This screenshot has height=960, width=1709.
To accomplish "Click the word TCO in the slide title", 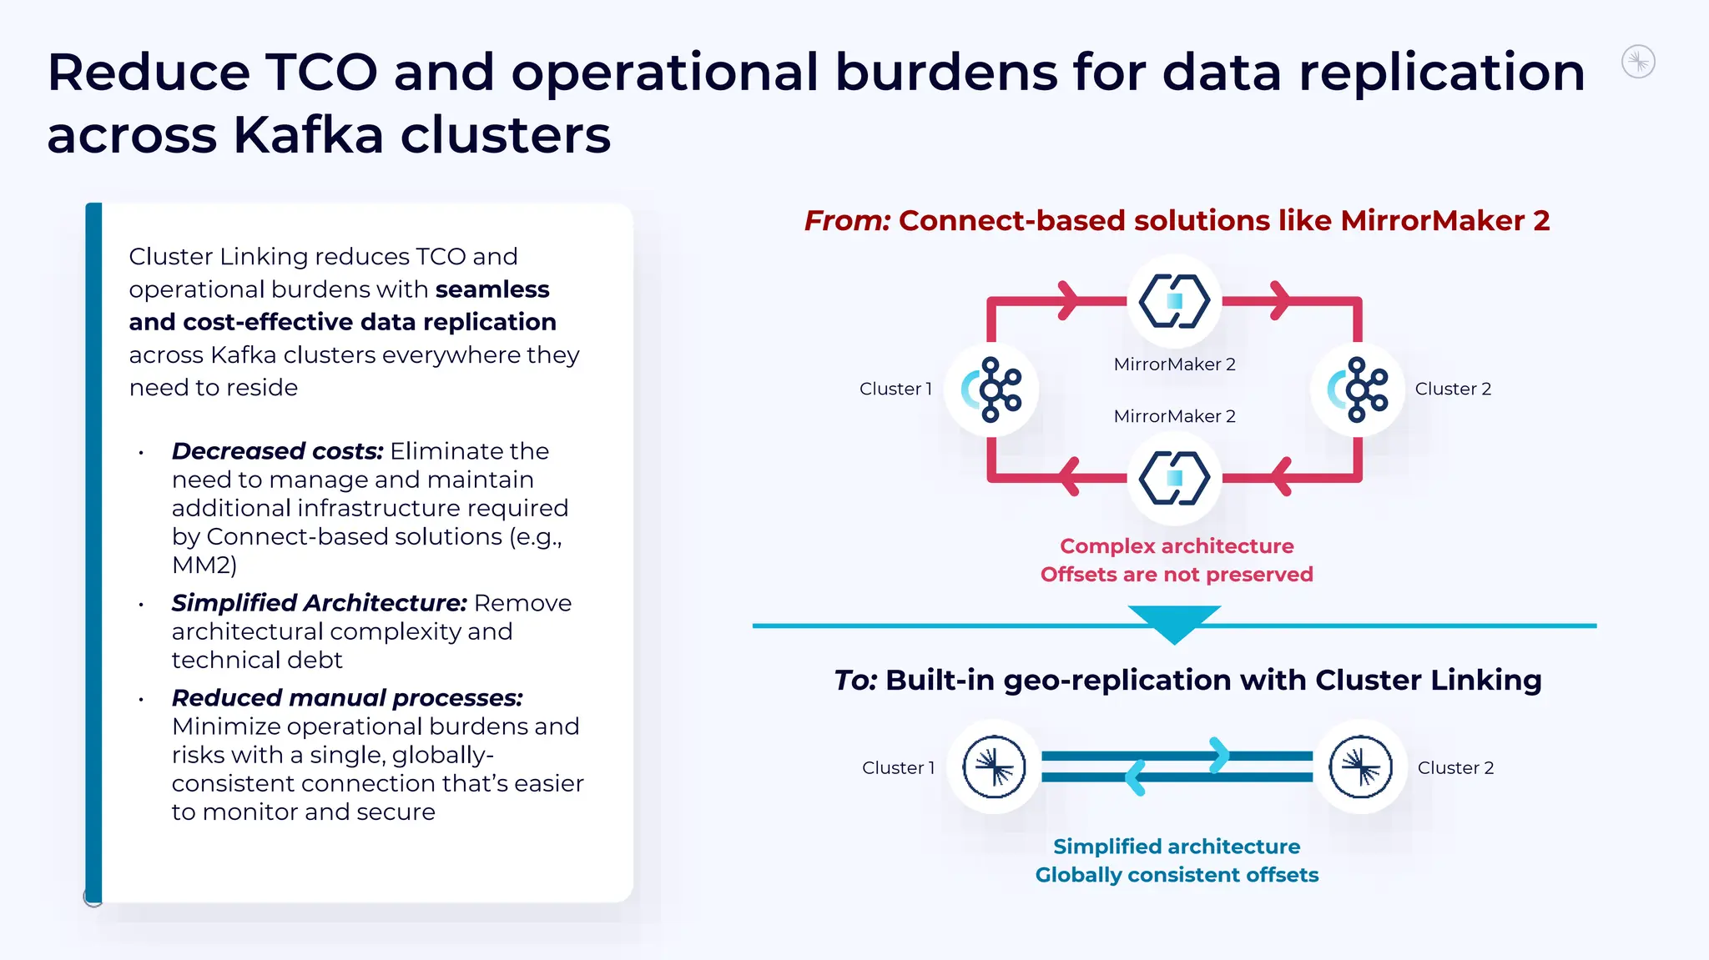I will pos(321,73).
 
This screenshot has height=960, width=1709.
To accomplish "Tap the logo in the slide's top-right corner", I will pos(1638,62).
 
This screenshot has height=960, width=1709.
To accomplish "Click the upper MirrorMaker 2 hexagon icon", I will pos(1174,301).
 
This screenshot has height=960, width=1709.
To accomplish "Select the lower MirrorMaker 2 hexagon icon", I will pos(1174,478).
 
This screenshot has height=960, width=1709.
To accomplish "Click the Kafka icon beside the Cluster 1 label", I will pos(991,390).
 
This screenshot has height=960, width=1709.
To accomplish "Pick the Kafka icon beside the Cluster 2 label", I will pos(1358,390).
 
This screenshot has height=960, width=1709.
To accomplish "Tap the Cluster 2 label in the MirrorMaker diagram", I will pos(1453,389).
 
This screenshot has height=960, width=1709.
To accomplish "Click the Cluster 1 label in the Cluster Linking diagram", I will pos(898,767).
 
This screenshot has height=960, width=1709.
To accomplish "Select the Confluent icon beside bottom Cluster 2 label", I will pos(1360,766).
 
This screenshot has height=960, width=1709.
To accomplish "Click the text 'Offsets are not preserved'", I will pos(1177,575).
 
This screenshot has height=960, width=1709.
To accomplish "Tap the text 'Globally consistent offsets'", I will pos(1177,875).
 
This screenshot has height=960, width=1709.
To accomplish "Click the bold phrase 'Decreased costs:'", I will pos(277,451).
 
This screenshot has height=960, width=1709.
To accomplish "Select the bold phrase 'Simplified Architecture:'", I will pos(319,603).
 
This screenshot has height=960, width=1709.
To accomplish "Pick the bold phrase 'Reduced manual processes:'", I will pos(347,698).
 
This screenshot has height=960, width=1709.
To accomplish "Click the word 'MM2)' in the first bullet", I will pos(204,565).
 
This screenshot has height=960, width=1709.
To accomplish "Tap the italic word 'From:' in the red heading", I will pos(847,221).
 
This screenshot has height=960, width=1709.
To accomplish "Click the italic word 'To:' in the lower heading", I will pos(855,681).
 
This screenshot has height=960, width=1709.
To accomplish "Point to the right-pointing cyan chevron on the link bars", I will pos(1219,755).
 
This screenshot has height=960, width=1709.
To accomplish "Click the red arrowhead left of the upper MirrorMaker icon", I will pos(1067,300).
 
